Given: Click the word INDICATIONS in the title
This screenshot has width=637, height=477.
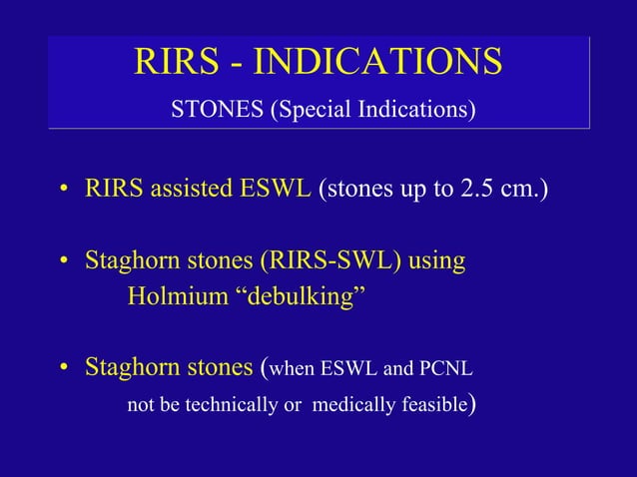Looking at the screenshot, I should [377, 62].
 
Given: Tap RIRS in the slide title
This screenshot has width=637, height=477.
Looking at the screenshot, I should [172, 62].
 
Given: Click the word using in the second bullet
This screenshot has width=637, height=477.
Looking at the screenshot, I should [436, 262].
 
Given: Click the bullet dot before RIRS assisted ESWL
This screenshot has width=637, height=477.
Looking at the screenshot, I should [63, 191].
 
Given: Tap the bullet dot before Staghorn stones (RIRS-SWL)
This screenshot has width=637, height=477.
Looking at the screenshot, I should [63, 263].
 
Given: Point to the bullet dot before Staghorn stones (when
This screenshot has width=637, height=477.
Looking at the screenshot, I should [63, 369].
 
